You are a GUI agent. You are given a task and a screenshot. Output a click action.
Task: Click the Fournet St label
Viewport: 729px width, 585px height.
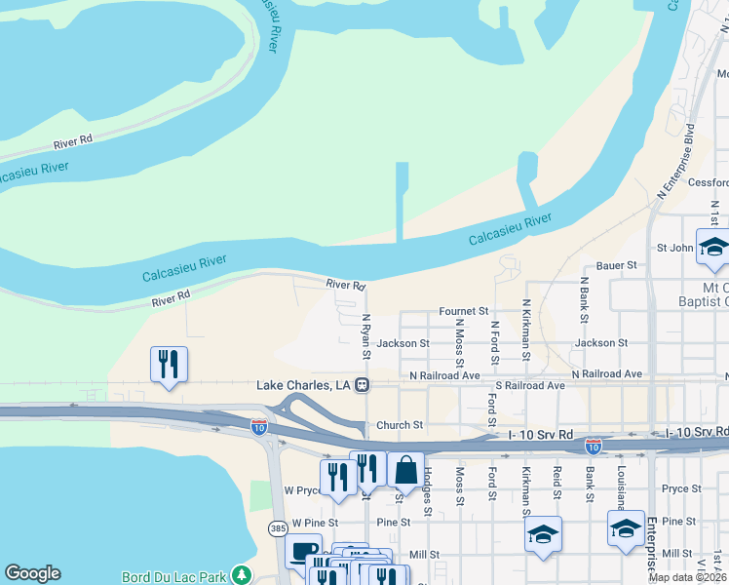coord(463,311)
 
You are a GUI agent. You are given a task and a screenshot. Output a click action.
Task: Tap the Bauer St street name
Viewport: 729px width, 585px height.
coord(616,264)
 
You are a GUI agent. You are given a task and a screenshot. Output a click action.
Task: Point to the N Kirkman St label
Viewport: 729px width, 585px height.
coord(526,331)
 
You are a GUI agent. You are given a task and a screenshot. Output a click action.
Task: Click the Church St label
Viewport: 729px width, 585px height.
coord(400,425)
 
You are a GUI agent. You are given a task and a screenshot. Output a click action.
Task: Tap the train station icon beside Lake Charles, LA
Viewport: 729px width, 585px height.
coord(362,385)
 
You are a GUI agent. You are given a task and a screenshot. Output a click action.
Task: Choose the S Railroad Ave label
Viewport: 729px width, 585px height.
coord(528,386)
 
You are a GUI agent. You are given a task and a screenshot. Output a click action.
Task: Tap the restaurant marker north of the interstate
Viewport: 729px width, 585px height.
coord(169,365)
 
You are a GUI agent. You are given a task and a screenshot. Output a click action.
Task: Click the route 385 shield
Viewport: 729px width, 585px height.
coord(278,527)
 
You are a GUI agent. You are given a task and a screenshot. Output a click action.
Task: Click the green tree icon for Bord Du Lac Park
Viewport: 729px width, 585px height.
coord(241,575)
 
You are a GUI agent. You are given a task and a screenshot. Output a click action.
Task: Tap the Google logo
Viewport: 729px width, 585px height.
coord(32,573)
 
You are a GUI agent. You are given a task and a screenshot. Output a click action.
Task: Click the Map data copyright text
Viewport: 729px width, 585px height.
coord(688,577)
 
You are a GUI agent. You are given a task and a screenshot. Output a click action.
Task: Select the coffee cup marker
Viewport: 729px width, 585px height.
coord(303,551)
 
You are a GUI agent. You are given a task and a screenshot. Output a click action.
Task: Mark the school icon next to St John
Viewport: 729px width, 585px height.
coord(712,248)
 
